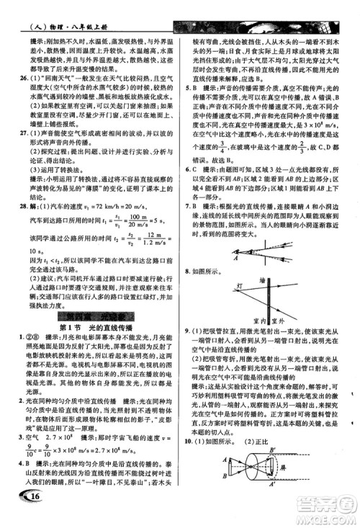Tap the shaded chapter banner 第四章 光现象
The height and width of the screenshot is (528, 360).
(x=94, y=314)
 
